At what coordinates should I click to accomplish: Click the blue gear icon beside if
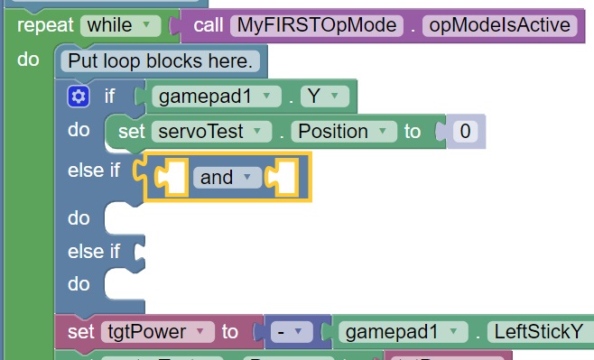pos(79,96)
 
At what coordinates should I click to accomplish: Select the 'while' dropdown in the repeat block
pos(120,25)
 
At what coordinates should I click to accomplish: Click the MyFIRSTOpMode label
pos(316,25)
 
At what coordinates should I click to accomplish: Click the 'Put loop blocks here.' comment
pos(162,61)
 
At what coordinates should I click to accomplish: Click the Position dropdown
pos(343,132)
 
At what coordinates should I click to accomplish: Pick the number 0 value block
pos(464,132)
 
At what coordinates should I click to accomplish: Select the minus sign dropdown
pos(292,332)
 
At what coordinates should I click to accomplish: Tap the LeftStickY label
pos(539,332)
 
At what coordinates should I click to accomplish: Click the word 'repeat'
pos(44,25)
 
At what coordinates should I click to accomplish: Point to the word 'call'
pos(209,25)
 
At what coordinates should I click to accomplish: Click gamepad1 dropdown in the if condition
pos(215,96)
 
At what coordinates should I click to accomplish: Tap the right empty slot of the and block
pos(285,178)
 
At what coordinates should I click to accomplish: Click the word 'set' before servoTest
pos(131,132)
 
